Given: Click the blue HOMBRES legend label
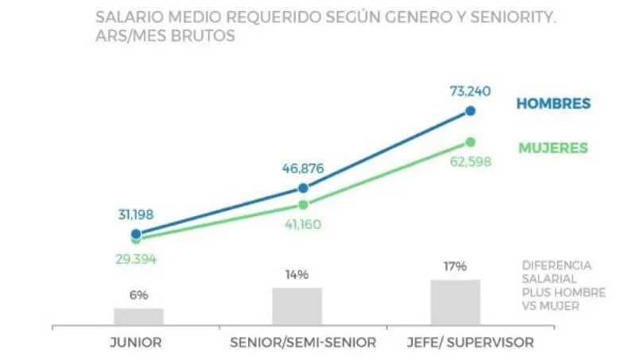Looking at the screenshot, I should pos(553,104).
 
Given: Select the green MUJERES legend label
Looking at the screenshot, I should pos(553,148).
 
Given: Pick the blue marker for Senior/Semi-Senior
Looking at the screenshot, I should pos(303,188).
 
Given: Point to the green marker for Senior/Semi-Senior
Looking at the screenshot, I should pos(303,204).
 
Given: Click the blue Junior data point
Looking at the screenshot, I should pos(136,234).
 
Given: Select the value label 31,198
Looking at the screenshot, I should pos(136,215).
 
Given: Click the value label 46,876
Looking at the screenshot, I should pos(304,168).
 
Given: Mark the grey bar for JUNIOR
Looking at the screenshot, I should pos(138,316).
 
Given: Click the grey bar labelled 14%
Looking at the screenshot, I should pos(297,306).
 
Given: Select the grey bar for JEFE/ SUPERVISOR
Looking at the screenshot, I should pos(456,302).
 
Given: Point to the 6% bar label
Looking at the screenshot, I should pos(138,295).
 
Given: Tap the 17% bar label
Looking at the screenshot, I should pos(456,266).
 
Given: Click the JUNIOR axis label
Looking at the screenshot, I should pos(135,343).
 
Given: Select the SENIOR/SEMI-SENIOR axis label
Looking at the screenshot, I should pos(303,343).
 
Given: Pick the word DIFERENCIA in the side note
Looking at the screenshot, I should pos(557,265).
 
